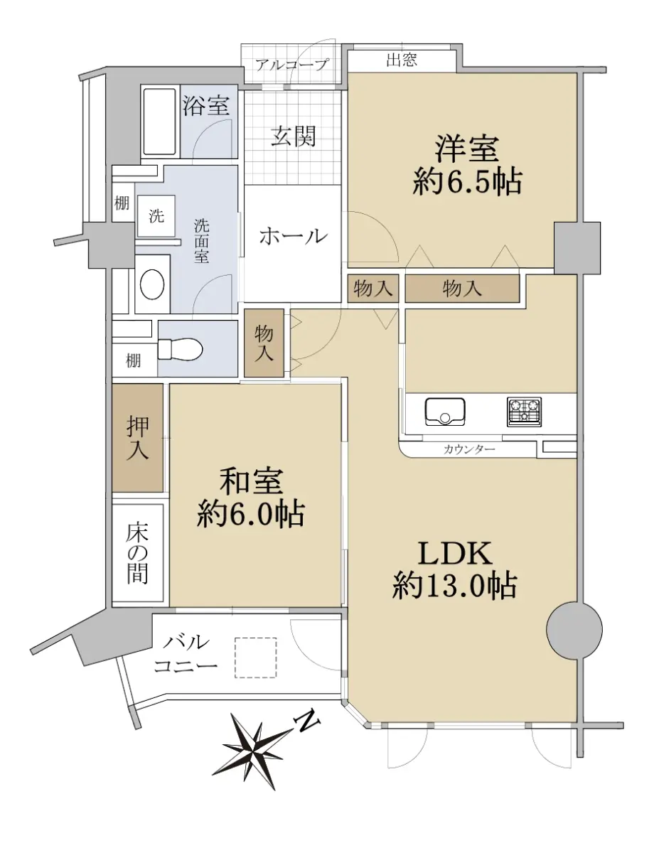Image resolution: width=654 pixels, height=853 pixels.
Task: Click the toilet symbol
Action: (x=179, y=348)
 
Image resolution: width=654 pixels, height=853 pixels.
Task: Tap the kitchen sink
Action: (x=445, y=412)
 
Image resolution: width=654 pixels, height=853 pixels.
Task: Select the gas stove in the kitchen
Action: (x=524, y=412)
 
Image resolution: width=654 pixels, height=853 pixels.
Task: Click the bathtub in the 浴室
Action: (x=159, y=122)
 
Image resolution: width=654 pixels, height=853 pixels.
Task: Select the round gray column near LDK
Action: (x=574, y=629)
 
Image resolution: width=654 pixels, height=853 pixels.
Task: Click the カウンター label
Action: (x=468, y=449)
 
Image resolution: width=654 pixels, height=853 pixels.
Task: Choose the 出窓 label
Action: (x=402, y=60)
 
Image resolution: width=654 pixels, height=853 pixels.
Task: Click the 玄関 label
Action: (x=294, y=137)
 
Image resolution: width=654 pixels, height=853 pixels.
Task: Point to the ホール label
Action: (x=293, y=237)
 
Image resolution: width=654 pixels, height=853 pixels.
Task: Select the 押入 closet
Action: (x=137, y=438)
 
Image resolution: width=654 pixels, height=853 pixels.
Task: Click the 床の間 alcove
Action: (x=137, y=552)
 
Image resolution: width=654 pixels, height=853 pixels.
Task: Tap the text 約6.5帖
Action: (x=467, y=181)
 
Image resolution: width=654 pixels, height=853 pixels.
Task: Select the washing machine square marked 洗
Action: (x=156, y=216)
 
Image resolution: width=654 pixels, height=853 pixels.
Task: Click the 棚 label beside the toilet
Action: (x=133, y=360)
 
